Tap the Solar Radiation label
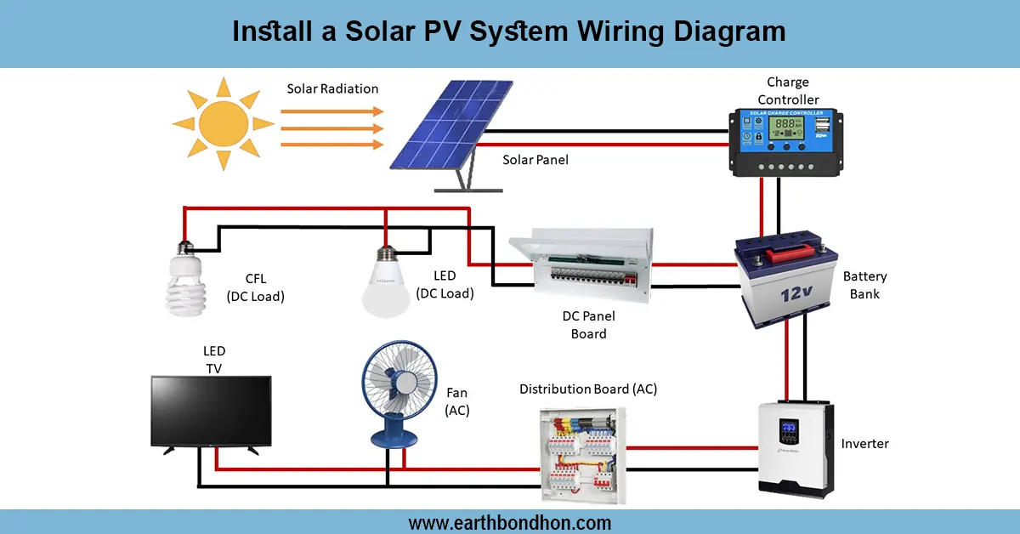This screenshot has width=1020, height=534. pyautogui.click(x=332, y=88)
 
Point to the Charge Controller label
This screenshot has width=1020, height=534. pyautogui.click(x=788, y=91)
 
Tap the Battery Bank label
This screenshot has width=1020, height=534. pyautogui.click(x=864, y=285)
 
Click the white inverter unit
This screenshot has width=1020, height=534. pyautogui.click(x=794, y=447)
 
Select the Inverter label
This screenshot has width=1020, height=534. pyautogui.click(x=864, y=444)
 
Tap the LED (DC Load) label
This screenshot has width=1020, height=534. pyautogui.click(x=445, y=285)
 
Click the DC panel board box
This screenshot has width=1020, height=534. pyautogui.click(x=582, y=264)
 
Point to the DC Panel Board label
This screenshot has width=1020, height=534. pyautogui.click(x=588, y=325)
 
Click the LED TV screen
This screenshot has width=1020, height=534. pyautogui.click(x=210, y=412)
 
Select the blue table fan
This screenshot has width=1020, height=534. pyautogui.click(x=393, y=389)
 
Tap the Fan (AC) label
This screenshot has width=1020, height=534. pyautogui.click(x=457, y=401)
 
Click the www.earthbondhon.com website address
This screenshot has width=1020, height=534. pyautogui.click(x=509, y=522)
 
